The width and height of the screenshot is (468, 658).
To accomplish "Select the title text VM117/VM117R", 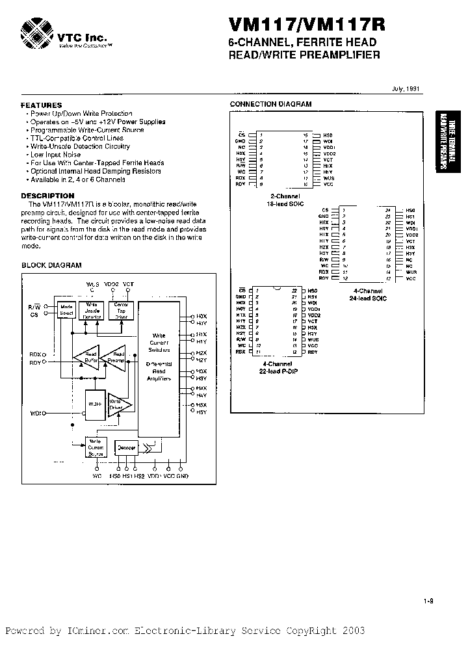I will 306,25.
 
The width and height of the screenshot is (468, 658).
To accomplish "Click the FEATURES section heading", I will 42,105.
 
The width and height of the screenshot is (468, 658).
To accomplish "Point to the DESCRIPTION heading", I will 47,195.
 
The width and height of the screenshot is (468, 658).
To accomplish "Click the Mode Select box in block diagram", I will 66,309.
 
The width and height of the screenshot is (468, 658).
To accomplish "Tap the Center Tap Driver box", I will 122,309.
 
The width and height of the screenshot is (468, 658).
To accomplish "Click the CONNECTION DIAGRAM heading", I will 271,104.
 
